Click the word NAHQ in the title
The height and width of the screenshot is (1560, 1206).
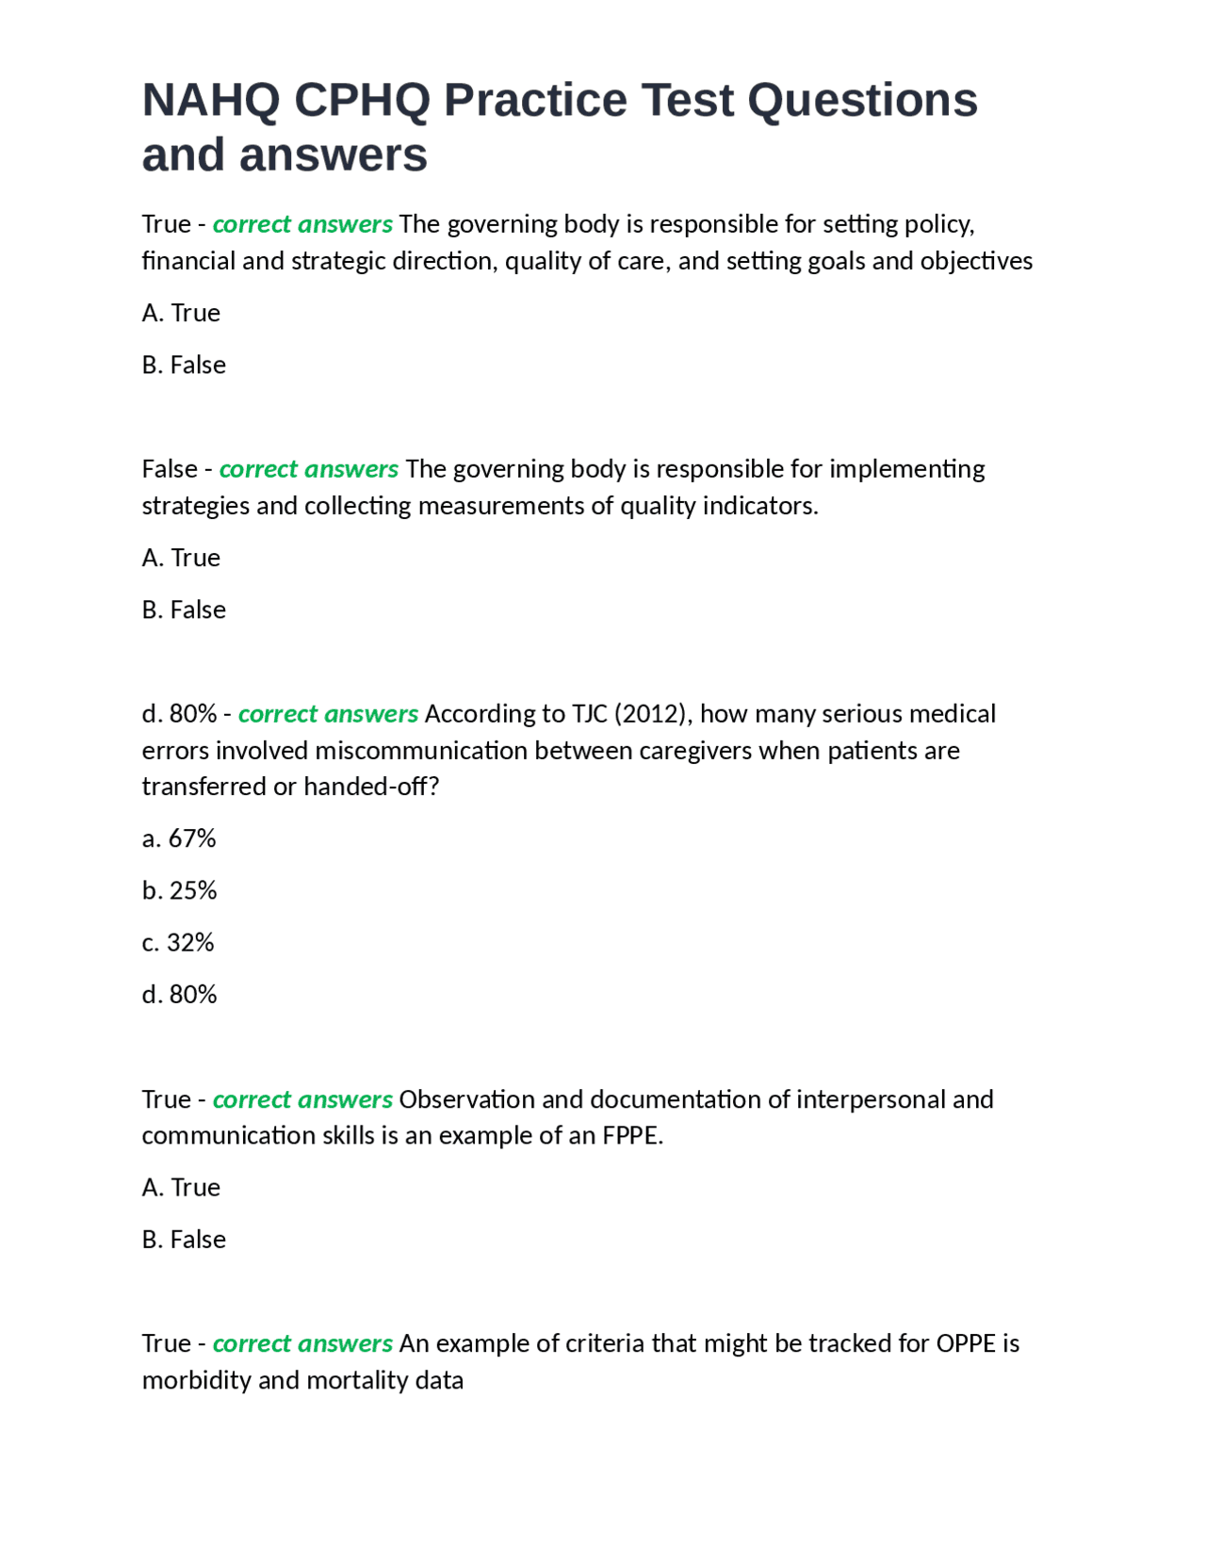(210, 100)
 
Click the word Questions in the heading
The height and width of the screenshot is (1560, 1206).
(862, 100)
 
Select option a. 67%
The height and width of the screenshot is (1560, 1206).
(179, 837)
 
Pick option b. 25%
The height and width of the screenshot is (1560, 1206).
(179, 889)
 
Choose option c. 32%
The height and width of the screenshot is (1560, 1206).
(178, 941)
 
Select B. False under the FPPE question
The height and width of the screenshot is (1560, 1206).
(184, 1239)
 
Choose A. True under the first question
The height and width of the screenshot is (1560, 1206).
(181, 312)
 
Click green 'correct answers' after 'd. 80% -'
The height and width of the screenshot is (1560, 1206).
(328, 713)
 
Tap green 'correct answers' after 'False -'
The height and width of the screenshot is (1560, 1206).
(309, 468)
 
